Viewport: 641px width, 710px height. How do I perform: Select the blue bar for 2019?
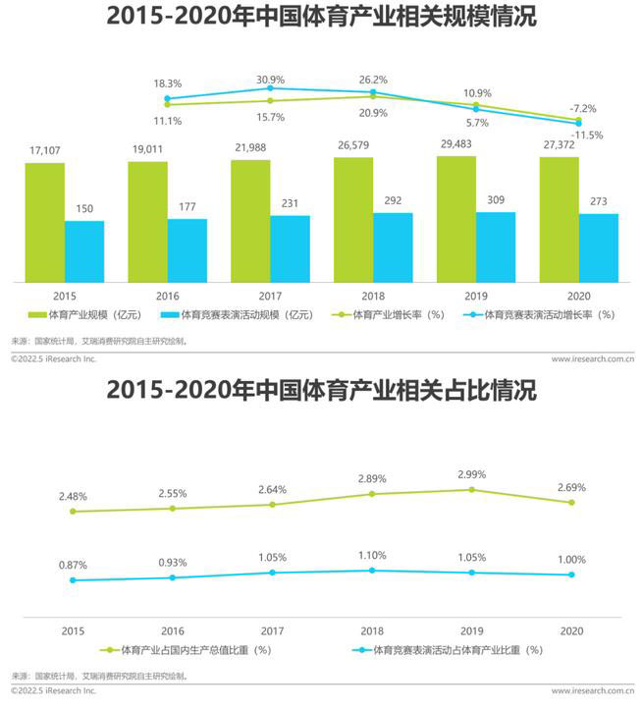(496, 247)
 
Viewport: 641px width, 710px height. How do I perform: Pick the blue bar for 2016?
(187, 250)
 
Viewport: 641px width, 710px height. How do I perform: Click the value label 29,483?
(456, 144)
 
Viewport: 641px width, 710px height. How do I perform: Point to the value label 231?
(290, 203)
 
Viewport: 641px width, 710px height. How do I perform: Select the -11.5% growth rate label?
(588, 135)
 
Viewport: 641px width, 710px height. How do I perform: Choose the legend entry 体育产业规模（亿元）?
(87, 315)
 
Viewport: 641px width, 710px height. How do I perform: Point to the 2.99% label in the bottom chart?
(472, 474)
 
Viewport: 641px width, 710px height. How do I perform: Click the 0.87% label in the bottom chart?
(72, 566)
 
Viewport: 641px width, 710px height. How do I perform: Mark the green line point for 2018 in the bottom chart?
(372, 494)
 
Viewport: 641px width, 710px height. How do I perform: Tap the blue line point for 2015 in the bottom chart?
(72, 580)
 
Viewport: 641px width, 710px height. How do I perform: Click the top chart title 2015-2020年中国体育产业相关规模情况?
(320, 18)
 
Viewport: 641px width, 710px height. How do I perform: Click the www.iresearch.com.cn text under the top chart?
(591, 359)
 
